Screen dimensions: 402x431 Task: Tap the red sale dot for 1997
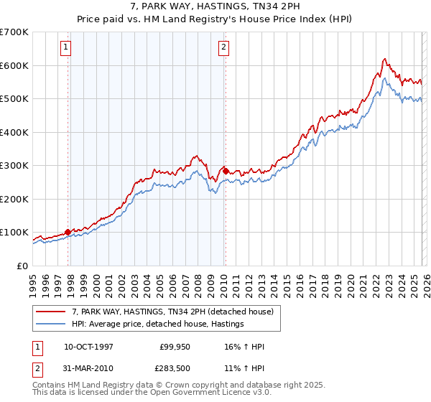tap(68, 232)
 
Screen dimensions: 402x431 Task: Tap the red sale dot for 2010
tap(226, 171)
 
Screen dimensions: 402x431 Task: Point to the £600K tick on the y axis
tap(14, 65)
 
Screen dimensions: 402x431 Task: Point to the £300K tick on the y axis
tap(14, 165)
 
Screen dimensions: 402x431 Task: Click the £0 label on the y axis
tap(22, 266)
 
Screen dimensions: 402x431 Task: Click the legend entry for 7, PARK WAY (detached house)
tap(172, 312)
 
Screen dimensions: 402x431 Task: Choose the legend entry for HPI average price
tap(157, 324)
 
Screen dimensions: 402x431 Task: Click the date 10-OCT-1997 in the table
tap(90, 347)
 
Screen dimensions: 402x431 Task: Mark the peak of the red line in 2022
tap(385, 59)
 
